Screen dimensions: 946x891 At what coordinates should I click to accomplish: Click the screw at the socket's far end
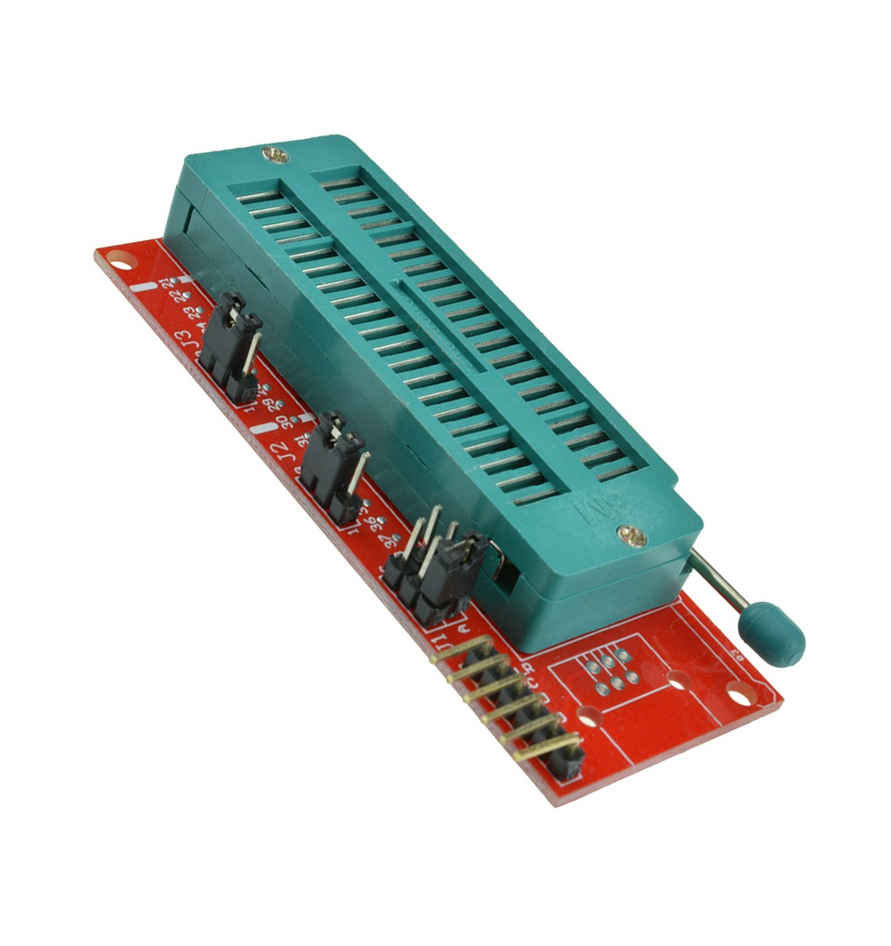pyautogui.click(x=276, y=155)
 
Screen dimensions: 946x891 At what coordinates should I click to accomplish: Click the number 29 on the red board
pyautogui.click(x=269, y=403)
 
